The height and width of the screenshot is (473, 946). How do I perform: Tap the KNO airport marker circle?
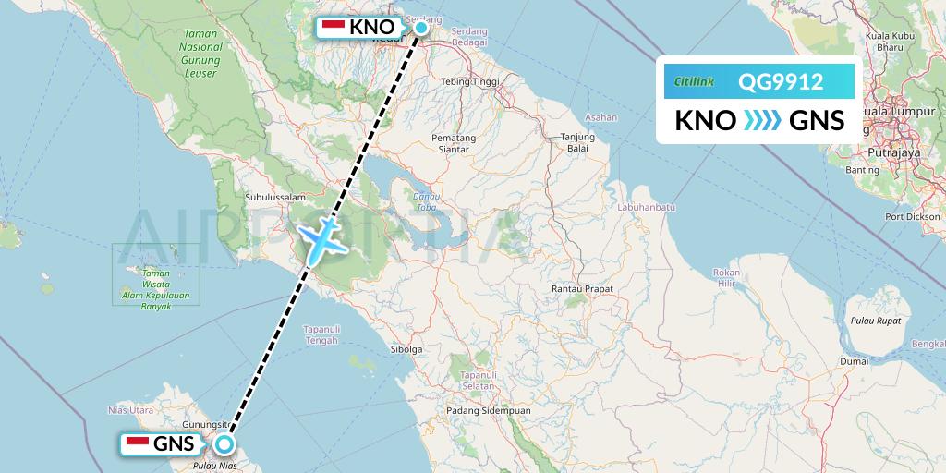pos(420,28)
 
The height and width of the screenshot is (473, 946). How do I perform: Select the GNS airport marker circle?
pos(224,444)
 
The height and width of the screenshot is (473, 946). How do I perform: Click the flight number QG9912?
pos(781,82)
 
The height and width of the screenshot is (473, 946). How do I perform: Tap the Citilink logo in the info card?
pos(695,82)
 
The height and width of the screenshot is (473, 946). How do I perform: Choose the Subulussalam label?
pos(275,197)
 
